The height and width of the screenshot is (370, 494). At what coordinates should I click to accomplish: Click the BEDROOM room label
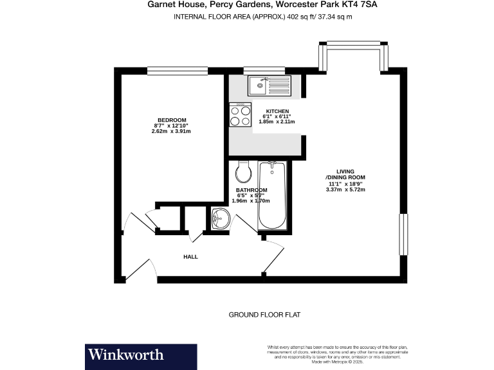172,120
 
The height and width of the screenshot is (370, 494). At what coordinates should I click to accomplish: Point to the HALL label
190,257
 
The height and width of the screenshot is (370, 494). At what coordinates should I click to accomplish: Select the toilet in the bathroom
242,171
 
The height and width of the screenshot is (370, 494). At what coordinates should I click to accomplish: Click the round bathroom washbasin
221,218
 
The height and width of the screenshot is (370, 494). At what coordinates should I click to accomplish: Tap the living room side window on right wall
404,234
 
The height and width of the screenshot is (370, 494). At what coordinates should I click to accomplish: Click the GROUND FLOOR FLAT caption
264,315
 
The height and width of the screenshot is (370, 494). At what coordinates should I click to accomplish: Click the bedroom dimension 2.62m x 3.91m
171,131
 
